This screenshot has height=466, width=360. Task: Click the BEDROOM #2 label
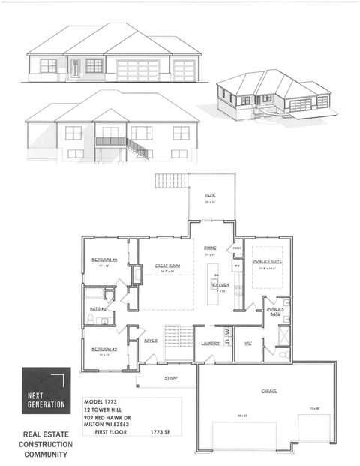[x=106, y=349]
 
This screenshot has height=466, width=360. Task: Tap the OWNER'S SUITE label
[x=267, y=261]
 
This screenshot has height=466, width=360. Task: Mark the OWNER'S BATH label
[x=275, y=311]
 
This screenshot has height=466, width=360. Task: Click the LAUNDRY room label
[x=209, y=344]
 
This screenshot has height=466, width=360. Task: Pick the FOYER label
[x=151, y=341]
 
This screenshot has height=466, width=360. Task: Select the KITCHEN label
[x=219, y=285]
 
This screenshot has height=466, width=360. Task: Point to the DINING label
[x=211, y=248]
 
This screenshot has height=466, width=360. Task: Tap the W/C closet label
[x=248, y=344]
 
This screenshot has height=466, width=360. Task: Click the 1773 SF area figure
[x=163, y=433]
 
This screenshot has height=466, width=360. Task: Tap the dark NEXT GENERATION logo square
[x=46, y=390]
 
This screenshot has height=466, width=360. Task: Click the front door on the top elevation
[x=75, y=69]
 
